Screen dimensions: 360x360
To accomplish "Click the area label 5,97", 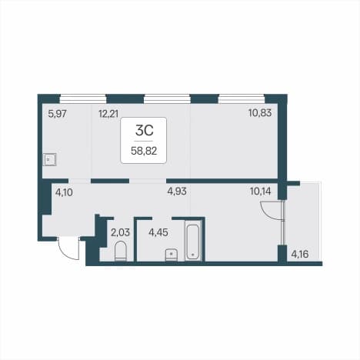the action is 58,113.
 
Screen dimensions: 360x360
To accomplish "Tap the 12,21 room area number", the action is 108,113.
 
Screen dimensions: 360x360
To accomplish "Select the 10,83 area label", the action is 260,112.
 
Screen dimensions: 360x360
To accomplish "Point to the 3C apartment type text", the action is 145,130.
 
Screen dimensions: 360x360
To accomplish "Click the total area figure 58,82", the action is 144,151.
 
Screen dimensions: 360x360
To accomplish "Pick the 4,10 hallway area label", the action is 64,192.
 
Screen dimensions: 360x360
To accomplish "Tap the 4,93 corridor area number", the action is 177,192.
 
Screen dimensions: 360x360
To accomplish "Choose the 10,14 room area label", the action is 260,192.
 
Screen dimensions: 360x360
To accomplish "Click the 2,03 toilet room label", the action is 120,232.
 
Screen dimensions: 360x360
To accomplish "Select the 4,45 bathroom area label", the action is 158,232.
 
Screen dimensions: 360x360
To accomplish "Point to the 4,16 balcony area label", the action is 300,255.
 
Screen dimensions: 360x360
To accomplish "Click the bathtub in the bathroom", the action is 193,242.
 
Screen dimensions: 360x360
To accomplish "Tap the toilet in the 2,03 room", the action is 121,252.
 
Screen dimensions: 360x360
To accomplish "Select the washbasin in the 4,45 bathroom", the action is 172,255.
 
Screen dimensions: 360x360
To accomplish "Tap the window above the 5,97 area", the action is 83,98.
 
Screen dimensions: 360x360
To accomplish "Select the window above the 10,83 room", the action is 242,98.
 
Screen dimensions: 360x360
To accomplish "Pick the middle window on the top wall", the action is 167,98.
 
